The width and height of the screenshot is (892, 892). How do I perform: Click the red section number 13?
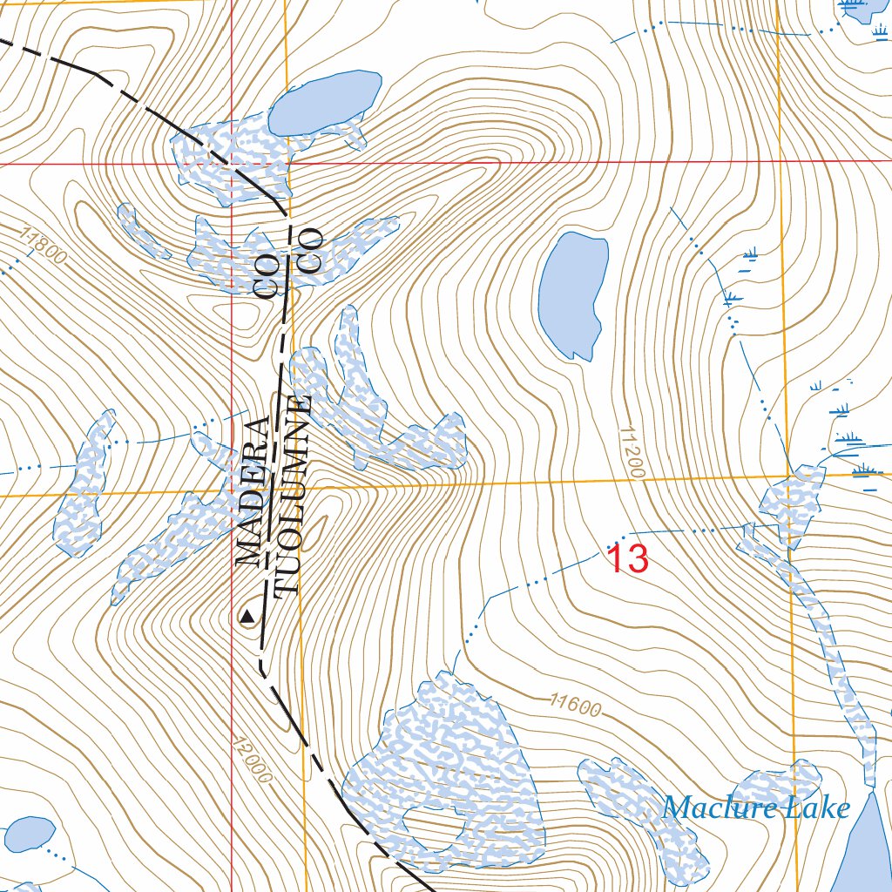click(x=627, y=558)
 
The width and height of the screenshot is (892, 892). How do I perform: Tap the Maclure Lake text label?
click(x=755, y=808)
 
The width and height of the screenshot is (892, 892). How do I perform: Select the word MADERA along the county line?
click(x=253, y=491)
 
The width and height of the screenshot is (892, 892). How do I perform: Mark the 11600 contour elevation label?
click(x=575, y=705)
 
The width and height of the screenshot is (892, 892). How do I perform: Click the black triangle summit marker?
click(x=247, y=617)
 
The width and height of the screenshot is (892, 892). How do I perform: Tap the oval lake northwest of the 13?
click(x=572, y=292)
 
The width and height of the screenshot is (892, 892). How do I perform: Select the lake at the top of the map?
click(x=324, y=102)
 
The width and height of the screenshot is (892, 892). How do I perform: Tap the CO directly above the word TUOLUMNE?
click(x=310, y=251)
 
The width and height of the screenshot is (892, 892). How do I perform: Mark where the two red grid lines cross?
click(x=232, y=163)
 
